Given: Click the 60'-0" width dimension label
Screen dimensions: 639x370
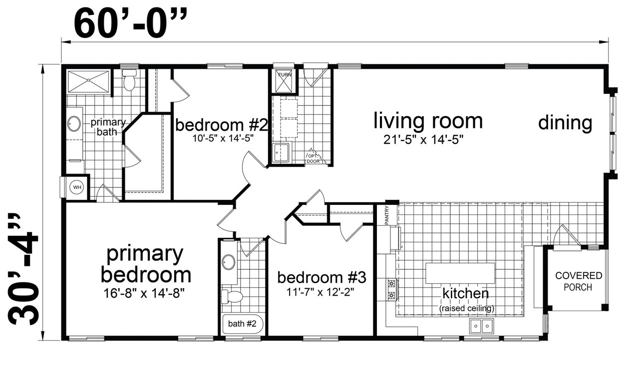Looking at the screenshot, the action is pos(130,23).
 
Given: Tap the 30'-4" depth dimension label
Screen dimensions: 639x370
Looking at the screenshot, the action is pos(23,269).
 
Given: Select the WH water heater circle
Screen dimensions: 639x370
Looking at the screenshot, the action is pos(77,187).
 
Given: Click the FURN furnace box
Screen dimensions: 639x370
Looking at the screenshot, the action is pos(285,81).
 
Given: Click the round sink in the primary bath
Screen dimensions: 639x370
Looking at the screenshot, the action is pos(74,124).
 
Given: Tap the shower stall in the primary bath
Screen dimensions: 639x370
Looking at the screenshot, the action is pos(88,81).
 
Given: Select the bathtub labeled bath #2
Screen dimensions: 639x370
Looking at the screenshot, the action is pos(243,324).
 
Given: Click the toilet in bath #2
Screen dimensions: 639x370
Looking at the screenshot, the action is pos(232,297).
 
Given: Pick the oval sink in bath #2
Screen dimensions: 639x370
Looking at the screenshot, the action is pos(229,262).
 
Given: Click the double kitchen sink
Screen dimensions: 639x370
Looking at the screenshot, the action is pos(482,326).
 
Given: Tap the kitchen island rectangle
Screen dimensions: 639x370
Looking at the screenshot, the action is pos(460,273).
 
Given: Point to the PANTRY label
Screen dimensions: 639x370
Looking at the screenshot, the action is pos(386,215).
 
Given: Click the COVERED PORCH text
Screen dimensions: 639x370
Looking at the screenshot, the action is pos(579,281).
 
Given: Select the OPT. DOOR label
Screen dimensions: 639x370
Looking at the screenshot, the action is pos(313,159).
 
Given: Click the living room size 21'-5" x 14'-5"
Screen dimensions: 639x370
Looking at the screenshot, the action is pos(423,140).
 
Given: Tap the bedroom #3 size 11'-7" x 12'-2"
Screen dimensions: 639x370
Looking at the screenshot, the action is pos(320,292).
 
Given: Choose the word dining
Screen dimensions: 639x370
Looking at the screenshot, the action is pos(565,123).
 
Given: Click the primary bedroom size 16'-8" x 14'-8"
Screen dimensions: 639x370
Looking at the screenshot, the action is pos(144,293).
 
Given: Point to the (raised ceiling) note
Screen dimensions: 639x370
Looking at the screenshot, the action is pos(467,308).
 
